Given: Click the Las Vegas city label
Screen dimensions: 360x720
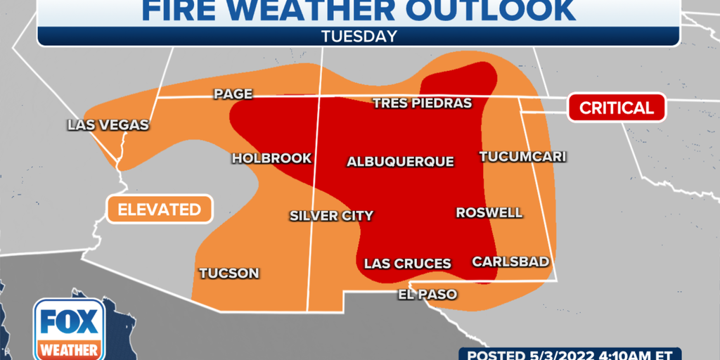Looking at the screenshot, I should [x=108, y=125].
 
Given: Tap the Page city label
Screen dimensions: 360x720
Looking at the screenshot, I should [x=233, y=94].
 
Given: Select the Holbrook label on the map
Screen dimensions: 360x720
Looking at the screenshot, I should [x=271, y=158].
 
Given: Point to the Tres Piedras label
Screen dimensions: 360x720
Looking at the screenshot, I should [x=422, y=103].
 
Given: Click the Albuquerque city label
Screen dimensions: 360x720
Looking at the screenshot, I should [x=400, y=162].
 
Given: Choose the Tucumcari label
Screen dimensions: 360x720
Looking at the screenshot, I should [x=522, y=156].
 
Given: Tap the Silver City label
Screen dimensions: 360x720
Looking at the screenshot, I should [x=331, y=216].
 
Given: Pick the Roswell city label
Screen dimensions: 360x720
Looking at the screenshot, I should [x=489, y=212].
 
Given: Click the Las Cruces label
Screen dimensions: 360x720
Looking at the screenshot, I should [x=407, y=264].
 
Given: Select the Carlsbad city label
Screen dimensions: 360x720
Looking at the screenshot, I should [x=510, y=262].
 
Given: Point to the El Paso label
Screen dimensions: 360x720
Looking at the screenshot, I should [x=427, y=294].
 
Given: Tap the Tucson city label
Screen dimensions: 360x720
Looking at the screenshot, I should [x=229, y=273].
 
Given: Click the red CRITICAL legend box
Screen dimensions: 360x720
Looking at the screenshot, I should [x=616, y=108].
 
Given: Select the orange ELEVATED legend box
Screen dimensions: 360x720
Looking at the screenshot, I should [x=159, y=209].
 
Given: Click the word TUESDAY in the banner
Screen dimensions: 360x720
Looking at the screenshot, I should [x=359, y=36].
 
